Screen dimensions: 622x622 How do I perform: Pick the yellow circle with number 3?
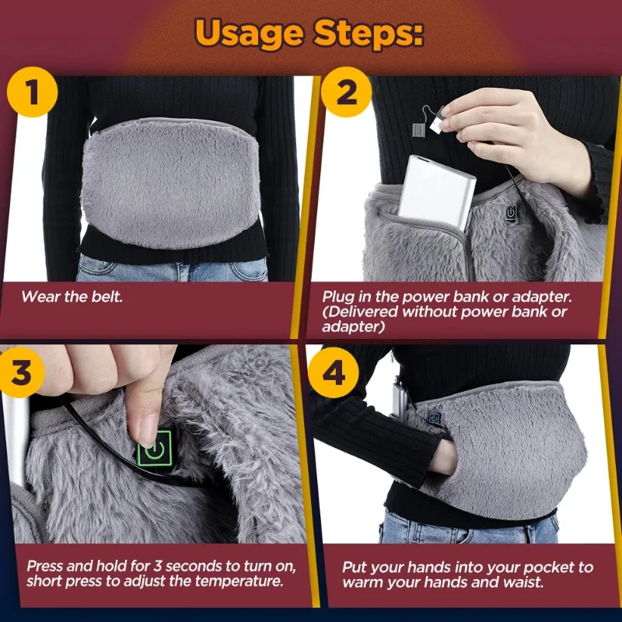tap(24, 372)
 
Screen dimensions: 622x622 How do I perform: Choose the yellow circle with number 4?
tap(334, 372)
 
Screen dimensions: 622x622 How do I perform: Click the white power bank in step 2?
tap(437, 191)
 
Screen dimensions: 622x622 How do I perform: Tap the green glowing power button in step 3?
tap(154, 450)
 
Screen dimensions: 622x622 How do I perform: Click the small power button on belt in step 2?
tap(510, 211)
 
